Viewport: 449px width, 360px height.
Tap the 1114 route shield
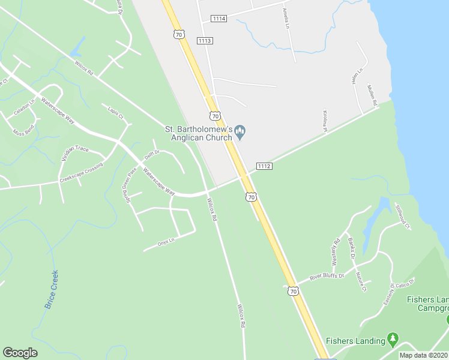(218, 19)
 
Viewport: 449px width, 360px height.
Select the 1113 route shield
(205, 40)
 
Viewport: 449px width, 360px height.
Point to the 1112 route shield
(264, 166)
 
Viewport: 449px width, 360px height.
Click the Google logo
(20, 353)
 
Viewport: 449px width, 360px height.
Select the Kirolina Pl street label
(325, 119)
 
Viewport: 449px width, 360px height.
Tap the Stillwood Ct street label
(402, 217)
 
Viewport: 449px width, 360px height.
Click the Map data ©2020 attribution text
(424, 355)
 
